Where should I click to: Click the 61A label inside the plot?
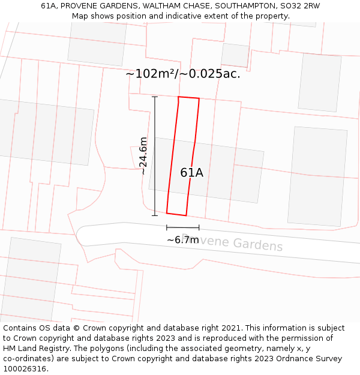[x=191, y=173]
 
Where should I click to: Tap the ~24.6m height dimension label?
[x=143, y=156]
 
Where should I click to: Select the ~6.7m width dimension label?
[x=182, y=240]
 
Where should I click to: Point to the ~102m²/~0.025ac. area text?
[x=182, y=74]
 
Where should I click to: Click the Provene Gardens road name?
[x=232, y=242]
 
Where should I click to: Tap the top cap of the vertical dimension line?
[x=155, y=97]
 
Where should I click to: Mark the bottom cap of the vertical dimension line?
[x=155, y=215]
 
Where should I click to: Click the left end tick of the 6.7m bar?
[x=167, y=227]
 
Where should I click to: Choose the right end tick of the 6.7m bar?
[x=199, y=227]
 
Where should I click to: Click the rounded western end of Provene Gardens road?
[x=82, y=235]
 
